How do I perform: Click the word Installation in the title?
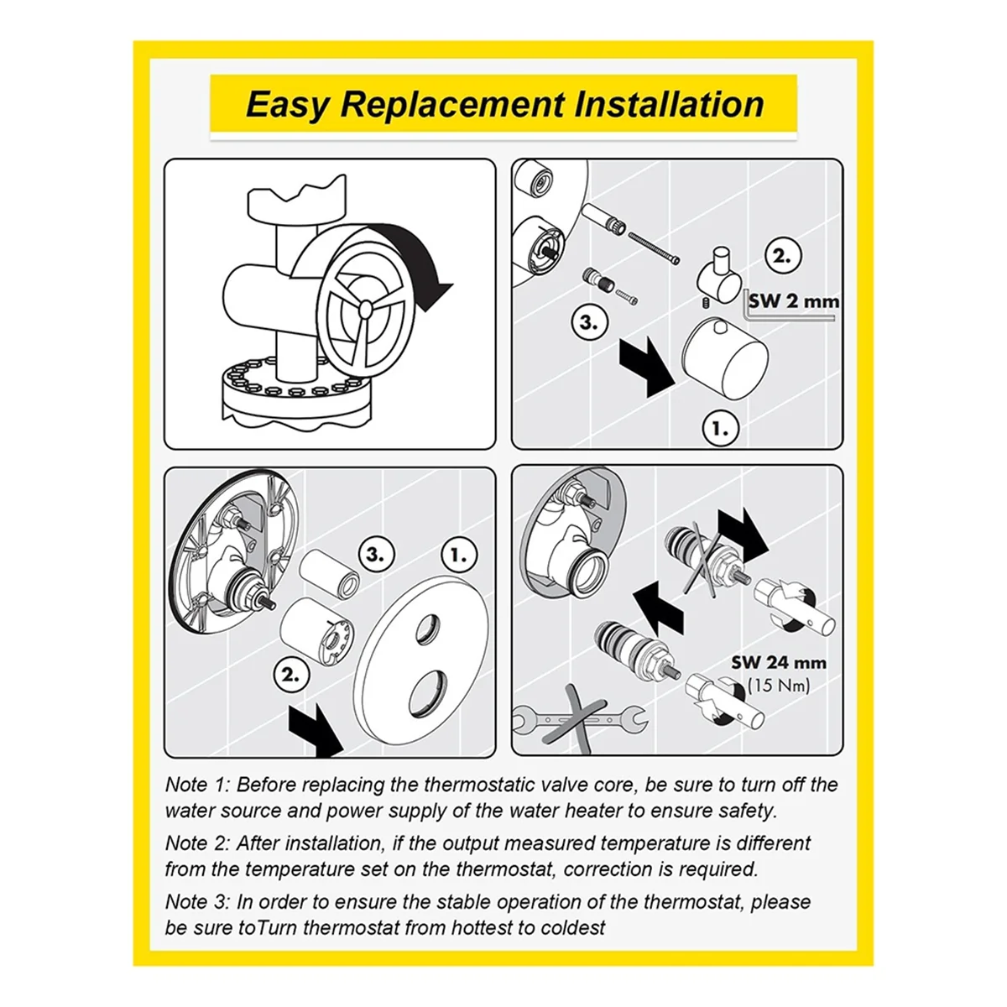[x=669, y=104]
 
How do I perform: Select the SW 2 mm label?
[x=794, y=301]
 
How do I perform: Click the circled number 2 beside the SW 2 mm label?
[x=782, y=257]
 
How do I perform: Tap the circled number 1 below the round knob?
[x=721, y=429]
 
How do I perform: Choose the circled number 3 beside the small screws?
[x=589, y=322]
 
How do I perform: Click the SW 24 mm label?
[x=779, y=663]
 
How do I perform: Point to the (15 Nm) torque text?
[x=779, y=686]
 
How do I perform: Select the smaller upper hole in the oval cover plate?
[x=429, y=629]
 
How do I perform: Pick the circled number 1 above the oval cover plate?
[x=459, y=556]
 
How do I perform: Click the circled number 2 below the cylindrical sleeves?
[x=291, y=675]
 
